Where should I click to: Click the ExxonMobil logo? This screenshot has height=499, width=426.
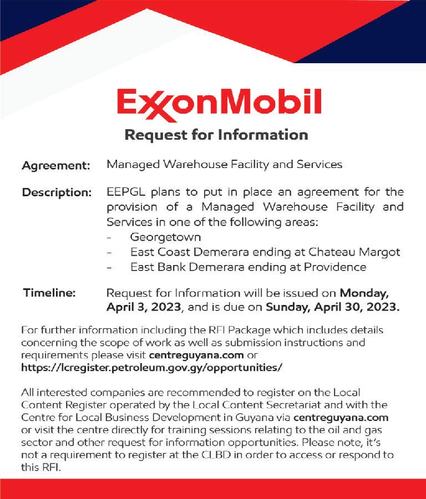click(x=219, y=104)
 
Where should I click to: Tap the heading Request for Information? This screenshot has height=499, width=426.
click(x=216, y=135)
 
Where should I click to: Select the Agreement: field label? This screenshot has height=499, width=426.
click(x=55, y=165)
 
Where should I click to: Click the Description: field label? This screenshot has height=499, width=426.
click(x=57, y=193)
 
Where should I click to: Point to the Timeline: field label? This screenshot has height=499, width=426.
click(x=49, y=292)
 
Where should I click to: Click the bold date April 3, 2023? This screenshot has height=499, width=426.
click(x=149, y=307)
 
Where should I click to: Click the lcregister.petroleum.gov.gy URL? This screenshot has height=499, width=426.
click(x=151, y=368)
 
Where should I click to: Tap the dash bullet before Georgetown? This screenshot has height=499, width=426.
click(x=110, y=237)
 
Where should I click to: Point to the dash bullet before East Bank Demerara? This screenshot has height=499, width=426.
click(x=110, y=267)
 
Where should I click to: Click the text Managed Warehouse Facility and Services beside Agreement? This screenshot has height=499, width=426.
click(x=224, y=165)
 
